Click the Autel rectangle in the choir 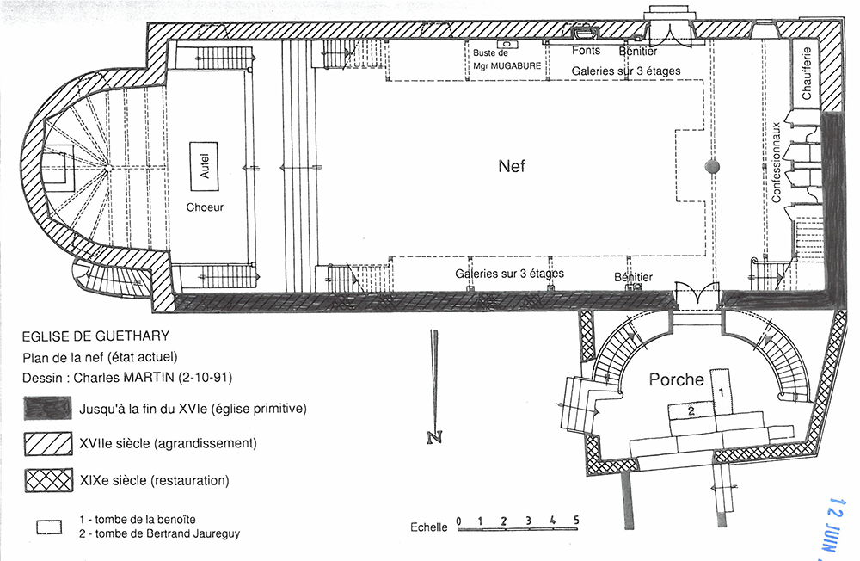tap(204, 166)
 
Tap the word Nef tap(511, 166)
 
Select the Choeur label tap(205, 207)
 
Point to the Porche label tap(676, 379)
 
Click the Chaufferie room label tap(806, 73)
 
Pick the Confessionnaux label tap(776, 163)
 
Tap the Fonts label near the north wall tap(587, 51)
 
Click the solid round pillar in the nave tap(712, 166)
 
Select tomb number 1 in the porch tap(720, 392)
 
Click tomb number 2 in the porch tap(691, 410)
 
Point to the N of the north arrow tap(433, 437)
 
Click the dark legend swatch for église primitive tap(47, 409)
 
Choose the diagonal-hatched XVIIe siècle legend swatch tap(48, 443)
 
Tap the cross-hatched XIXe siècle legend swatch tap(48, 480)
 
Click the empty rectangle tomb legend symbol tap(49, 527)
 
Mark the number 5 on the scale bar tap(576, 520)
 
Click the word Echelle tap(429, 527)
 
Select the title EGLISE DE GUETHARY tap(95, 336)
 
